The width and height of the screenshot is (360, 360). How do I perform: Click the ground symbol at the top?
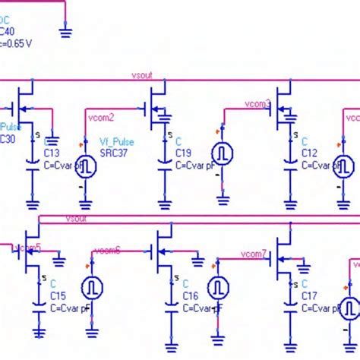tap(65, 31)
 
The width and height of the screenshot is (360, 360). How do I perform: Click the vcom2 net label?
tap(101, 117)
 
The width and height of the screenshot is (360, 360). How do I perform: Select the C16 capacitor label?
tap(191, 296)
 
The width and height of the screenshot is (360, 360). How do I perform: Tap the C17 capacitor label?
tap(310, 296)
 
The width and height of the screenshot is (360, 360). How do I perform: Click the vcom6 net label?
tap(107, 251)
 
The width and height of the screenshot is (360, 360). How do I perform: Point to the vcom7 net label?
tap(254, 253)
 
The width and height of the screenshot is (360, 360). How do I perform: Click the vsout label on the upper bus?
tap(141, 76)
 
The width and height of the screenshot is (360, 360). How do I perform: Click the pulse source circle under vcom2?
tap(86, 166)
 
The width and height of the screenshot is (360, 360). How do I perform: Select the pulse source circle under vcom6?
tap(91, 287)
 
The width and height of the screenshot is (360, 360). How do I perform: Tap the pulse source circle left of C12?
tap(223, 153)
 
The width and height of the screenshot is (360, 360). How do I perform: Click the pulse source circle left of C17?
tap(218, 286)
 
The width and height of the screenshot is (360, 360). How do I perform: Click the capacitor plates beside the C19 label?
tap(165, 164)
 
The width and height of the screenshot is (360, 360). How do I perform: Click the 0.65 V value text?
tap(18, 43)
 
